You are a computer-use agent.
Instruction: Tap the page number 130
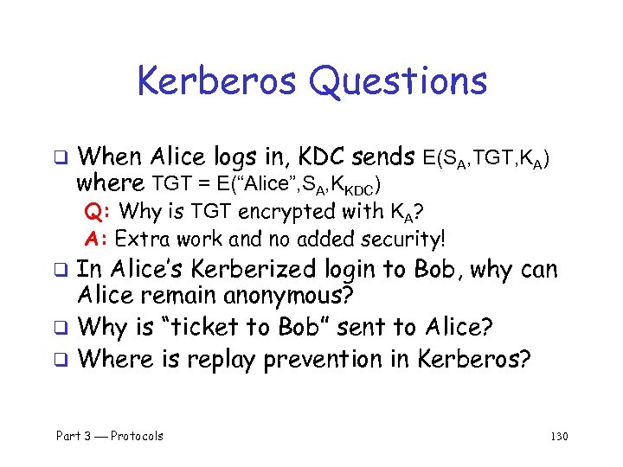559,436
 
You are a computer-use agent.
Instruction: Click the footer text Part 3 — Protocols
109,436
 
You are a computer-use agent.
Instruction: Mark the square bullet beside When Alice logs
61,158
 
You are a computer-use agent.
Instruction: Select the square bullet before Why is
61,329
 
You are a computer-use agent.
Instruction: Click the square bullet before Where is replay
61,358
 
